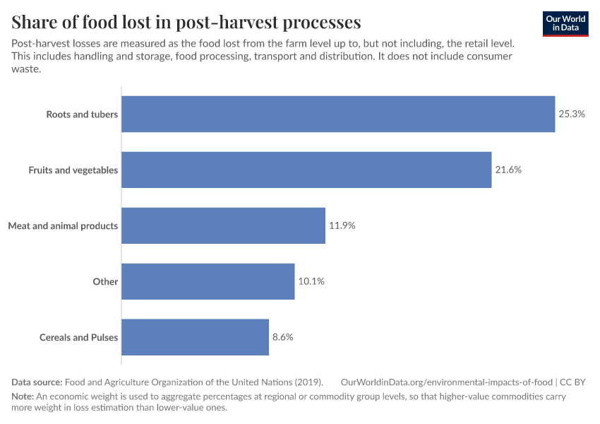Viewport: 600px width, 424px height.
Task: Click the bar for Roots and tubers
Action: coord(338,114)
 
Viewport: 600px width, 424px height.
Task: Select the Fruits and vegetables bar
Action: coord(306,170)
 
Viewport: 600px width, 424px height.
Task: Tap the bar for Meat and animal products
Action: coord(224,225)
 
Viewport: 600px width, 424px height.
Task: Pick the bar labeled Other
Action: coord(208,281)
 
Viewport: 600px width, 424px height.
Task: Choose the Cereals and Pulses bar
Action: coord(196,337)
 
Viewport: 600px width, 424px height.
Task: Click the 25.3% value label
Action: coord(572,114)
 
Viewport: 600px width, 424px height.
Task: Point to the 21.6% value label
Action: coord(508,170)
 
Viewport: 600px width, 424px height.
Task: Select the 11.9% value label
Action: coord(342,225)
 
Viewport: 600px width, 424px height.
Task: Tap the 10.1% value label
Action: coord(311,281)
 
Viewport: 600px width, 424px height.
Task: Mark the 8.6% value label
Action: coord(282,337)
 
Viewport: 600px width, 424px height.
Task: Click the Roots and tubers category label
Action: coord(82,114)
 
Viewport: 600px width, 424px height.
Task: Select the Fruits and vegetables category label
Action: coord(73,170)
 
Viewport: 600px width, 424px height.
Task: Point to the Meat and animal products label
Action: coord(63,225)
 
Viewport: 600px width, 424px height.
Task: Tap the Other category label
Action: coord(105,281)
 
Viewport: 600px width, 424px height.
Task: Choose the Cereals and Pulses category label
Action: coord(78,337)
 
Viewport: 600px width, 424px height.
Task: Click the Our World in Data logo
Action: coord(565,23)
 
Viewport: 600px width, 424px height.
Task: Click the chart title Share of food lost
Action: coord(186,22)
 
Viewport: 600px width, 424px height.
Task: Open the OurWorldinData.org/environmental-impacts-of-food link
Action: coord(446,382)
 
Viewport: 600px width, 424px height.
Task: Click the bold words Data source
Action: coord(37,382)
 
